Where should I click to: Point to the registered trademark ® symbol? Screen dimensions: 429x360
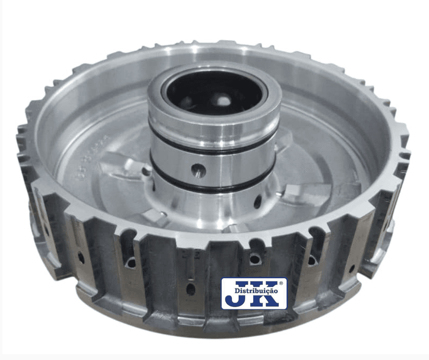pyautogui.click(x=281, y=283)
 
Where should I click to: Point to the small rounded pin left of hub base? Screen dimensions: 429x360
pyautogui.click(x=146, y=171)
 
